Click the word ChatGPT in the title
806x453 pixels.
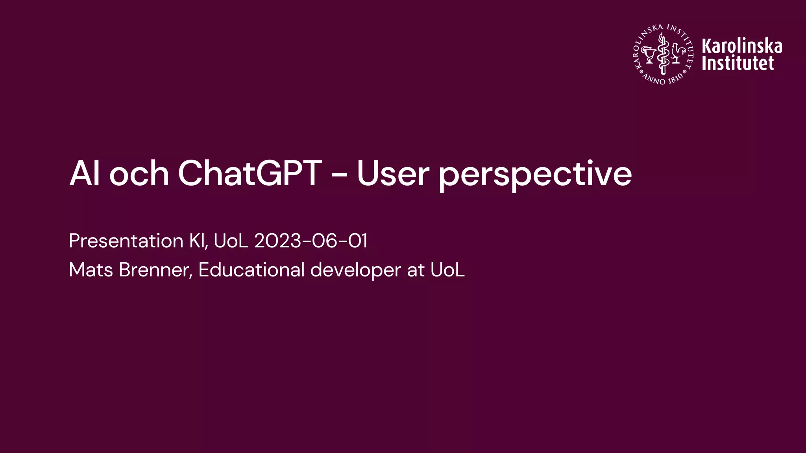[x=250, y=174]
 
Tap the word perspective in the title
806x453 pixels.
[x=535, y=175]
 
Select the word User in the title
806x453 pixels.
[x=392, y=174]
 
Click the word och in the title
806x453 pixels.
[x=139, y=174]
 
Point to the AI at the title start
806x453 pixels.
[x=84, y=174]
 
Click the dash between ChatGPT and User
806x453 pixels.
[x=339, y=175]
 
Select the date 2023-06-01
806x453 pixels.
[x=311, y=241]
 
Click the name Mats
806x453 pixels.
[x=91, y=270]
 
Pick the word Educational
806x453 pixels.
[x=251, y=270]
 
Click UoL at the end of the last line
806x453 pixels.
[x=447, y=270]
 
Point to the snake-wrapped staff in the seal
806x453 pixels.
[x=663, y=54]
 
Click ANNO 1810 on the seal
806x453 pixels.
[x=664, y=79]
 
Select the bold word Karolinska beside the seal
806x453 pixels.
[x=742, y=46]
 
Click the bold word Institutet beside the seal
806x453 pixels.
[x=738, y=63]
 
